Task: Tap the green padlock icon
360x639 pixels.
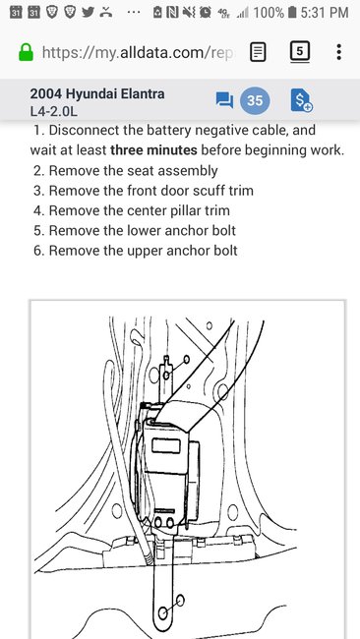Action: tap(27, 52)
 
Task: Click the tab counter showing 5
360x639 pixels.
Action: tap(300, 51)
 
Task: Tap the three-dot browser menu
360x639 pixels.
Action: tap(338, 52)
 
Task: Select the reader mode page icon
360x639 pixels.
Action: tap(258, 52)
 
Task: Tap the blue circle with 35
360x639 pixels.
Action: tap(255, 100)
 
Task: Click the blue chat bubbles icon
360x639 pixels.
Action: tap(224, 100)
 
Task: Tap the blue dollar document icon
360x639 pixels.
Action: tap(302, 100)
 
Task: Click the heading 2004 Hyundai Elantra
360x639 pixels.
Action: tap(97, 93)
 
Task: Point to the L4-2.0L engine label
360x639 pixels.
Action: tap(53, 111)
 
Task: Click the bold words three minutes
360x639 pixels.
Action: tap(153, 150)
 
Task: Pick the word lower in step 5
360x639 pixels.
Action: tap(146, 231)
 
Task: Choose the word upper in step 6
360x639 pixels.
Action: tap(146, 251)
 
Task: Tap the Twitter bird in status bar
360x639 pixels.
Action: tap(89, 12)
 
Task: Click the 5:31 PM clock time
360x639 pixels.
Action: tap(325, 13)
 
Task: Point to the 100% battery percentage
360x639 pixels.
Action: tap(269, 13)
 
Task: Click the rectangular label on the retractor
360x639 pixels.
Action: tap(166, 446)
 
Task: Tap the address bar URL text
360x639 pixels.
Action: tap(139, 52)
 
